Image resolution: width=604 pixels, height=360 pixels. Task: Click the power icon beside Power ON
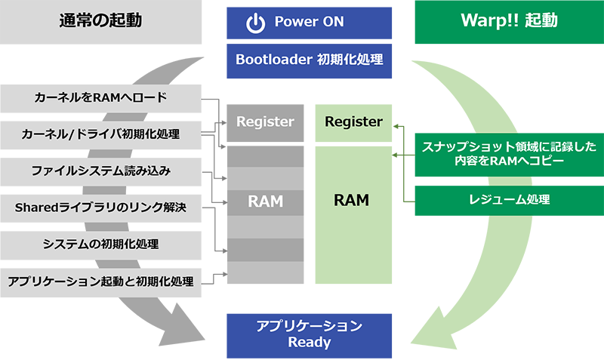[x=256, y=23]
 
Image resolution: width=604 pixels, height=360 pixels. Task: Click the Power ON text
[x=308, y=22]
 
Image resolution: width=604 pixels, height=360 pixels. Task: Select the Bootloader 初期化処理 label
[x=310, y=59]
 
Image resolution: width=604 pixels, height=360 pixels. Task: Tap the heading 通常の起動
[x=100, y=20]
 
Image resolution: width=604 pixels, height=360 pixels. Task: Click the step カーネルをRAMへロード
[x=100, y=98]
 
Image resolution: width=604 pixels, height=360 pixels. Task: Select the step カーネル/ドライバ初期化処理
[x=101, y=134]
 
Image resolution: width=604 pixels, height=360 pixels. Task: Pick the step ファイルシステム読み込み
[x=101, y=171]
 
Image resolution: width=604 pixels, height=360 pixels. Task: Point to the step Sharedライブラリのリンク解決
[x=100, y=207]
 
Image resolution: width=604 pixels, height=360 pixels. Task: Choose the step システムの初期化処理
[x=101, y=244]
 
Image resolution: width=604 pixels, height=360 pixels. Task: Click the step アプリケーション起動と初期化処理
[x=100, y=282]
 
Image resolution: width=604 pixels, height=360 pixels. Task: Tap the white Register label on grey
[x=265, y=122]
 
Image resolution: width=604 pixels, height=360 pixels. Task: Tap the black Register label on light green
[x=353, y=122]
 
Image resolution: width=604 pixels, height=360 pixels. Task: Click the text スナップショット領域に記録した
[x=510, y=146]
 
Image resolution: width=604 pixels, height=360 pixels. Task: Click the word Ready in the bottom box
[x=310, y=342]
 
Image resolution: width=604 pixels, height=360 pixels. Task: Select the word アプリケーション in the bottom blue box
[x=310, y=326]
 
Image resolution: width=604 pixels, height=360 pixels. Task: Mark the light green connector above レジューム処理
[x=510, y=181]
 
